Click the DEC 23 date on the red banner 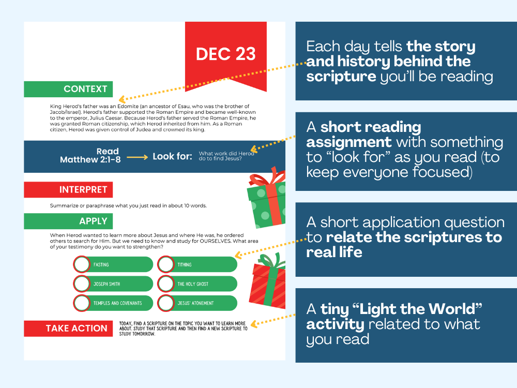pyautogui.click(x=225, y=54)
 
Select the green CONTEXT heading pyautogui.click(x=85, y=89)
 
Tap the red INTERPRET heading pyautogui.click(x=83, y=189)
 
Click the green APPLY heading pyautogui.click(x=93, y=221)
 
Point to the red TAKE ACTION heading pyautogui.click(x=77, y=328)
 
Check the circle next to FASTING pyautogui.click(x=82, y=264)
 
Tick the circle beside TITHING pyautogui.click(x=166, y=264)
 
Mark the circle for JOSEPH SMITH pyautogui.click(x=82, y=283)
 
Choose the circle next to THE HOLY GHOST pyautogui.click(x=166, y=283)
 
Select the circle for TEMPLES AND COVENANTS pyautogui.click(x=82, y=303)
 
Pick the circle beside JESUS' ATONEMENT pyautogui.click(x=166, y=303)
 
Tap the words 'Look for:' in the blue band pyautogui.click(x=173, y=156)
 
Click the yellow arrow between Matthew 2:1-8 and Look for pyautogui.click(x=137, y=156)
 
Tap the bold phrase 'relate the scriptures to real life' pyautogui.click(x=404, y=245)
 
